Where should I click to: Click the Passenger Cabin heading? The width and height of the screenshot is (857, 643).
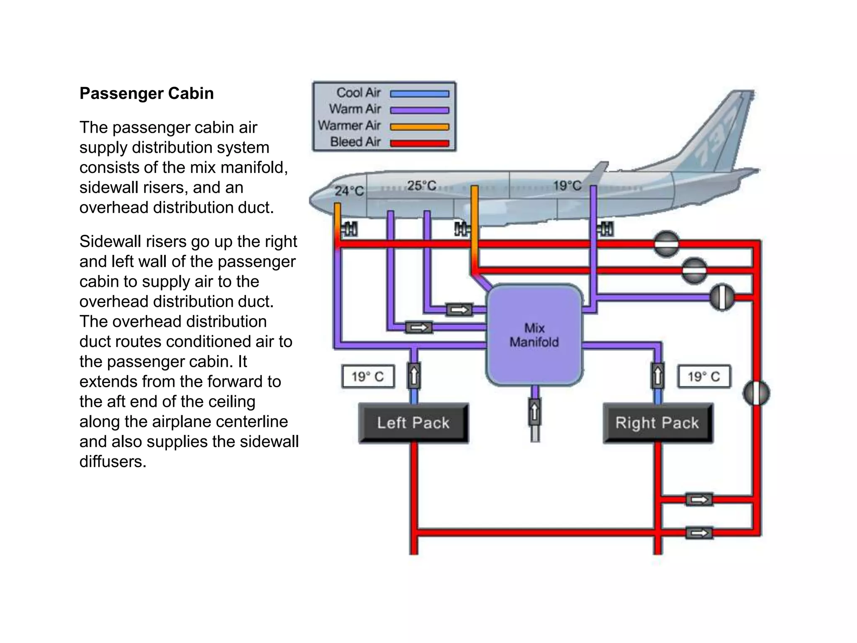click(x=146, y=93)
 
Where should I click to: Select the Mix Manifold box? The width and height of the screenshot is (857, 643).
click(x=534, y=335)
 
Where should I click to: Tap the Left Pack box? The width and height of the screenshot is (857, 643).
click(x=413, y=423)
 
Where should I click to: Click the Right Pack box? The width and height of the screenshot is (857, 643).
click(x=657, y=423)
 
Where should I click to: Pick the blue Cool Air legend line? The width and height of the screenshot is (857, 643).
click(x=419, y=94)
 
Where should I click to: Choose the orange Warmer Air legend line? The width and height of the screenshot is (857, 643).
click(x=419, y=126)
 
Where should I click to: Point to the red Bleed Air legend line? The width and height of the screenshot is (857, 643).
click(x=419, y=143)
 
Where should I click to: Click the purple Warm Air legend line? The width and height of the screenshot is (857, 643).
click(x=419, y=110)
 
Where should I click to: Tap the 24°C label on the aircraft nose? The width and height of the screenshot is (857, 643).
click(x=349, y=191)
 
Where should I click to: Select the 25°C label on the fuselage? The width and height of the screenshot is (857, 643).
click(x=421, y=185)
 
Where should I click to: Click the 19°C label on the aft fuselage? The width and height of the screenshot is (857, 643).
click(x=567, y=185)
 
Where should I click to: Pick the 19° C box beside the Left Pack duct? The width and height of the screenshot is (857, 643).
click(x=368, y=376)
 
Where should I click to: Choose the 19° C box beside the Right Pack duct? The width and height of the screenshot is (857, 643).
click(x=704, y=376)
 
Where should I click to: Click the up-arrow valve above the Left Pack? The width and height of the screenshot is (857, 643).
click(x=414, y=376)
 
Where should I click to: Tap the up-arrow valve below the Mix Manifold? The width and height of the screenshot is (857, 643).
click(x=534, y=412)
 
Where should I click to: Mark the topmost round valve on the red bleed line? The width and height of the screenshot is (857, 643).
click(x=666, y=243)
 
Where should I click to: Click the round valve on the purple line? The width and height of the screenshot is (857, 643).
click(x=722, y=297)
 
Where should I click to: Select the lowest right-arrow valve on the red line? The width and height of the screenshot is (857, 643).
click(x=699, y=533)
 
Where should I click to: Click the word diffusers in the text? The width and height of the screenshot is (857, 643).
click(x=113, y=461)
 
